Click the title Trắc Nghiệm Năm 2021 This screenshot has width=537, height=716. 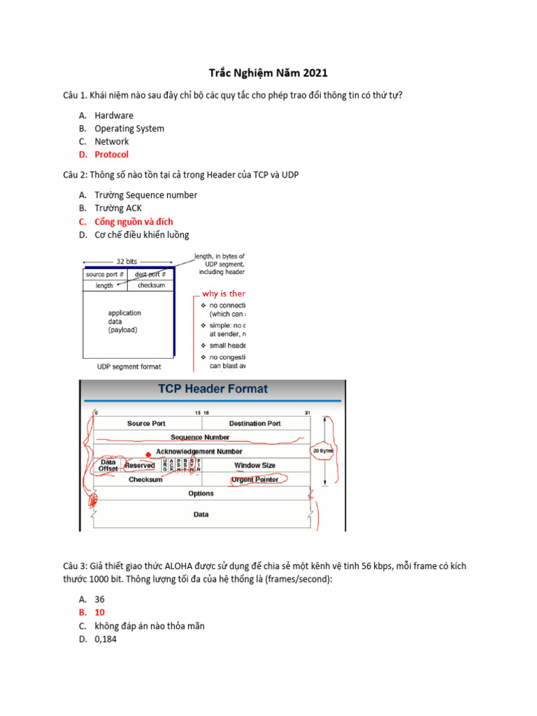(x=268, y=73)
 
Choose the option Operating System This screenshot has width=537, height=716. (x=129, y=129)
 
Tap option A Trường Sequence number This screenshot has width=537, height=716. (x=145, y=195)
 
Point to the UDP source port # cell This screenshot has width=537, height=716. (x=105, y=275)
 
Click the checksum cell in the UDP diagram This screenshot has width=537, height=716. (x=151, y=286)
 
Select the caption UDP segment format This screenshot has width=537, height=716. (x=129, y=366)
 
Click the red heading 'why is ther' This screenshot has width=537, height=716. (x=224, y=294)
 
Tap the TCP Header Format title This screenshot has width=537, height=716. (x=213, y=389)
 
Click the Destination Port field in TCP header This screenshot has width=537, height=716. (x=255, y=424)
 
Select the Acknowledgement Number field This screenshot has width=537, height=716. (x=199, y=452)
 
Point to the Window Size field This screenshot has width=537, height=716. (x=255, y=466)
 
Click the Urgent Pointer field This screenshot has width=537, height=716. (x=255, y=480)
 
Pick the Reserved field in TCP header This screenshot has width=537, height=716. (x=139, y=466)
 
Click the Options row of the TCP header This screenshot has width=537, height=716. (x=201, y=494)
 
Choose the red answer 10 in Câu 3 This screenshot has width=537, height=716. (x=99, y=613)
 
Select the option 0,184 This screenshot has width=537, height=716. (x=107, y=639)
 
